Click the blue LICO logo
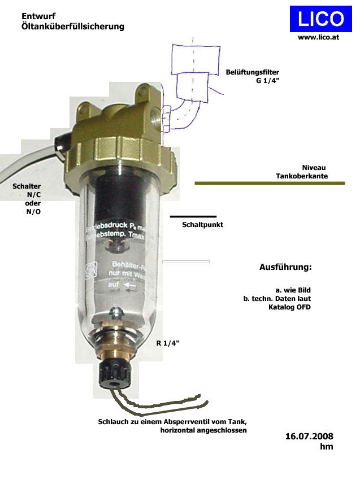[x=320, y=19]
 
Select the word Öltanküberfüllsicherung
[x=73, y=27]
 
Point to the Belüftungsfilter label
[x=252, y=72]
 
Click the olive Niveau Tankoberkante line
[x=270, y=183]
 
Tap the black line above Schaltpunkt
[x=193, y=216]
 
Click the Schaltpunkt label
[x=202, y=225]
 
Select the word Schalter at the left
[x=27, y=186]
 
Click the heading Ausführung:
[x=285, y=267]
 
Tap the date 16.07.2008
[x=309, y=436]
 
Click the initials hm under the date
[x=326, y=447]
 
